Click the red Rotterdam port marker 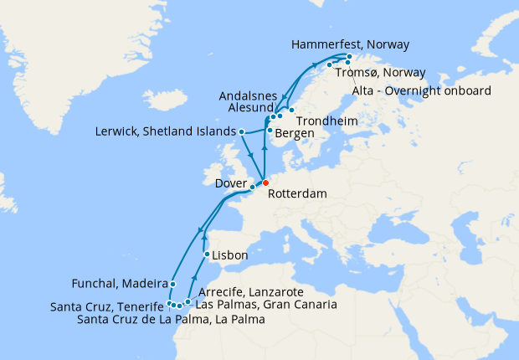265,183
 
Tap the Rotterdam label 297,193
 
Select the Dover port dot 252,188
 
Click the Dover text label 231,182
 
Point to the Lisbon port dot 207,254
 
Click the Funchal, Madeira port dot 172,284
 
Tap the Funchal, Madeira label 120,283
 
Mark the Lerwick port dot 241,131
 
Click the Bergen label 295,133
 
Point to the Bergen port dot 269,131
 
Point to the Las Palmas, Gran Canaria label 265,304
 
